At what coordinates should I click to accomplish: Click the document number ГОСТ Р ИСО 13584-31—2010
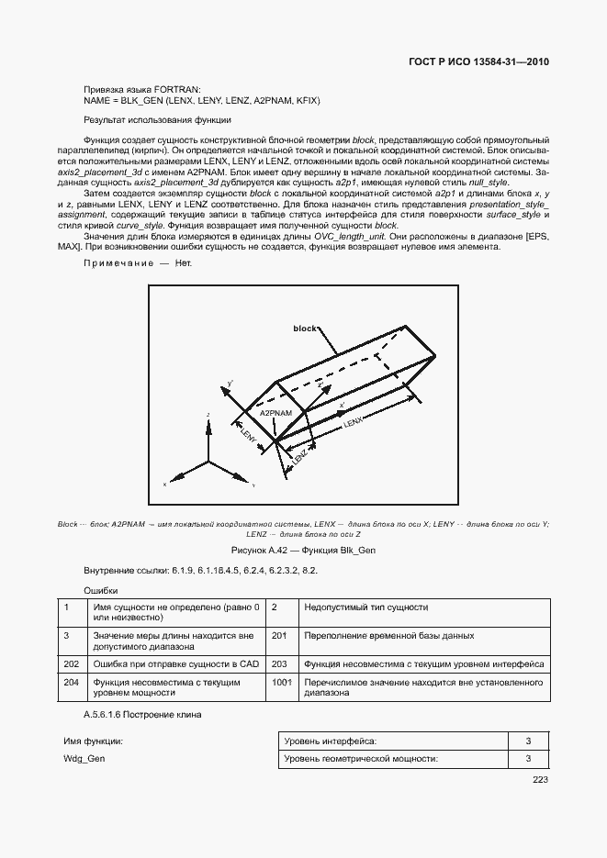coord(478,63)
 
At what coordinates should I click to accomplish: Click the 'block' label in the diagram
coord(304,328)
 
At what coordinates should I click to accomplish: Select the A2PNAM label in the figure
coord(276,414)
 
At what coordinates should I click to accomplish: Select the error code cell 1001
coord(281,683)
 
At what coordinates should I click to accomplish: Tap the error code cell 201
coord(279,635)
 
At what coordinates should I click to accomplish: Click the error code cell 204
coord(70,683)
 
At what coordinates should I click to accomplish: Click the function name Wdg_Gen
coord(84,760)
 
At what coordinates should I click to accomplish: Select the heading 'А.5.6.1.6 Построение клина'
coord(142,714)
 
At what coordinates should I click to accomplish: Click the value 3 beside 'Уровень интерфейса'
coord(528,741)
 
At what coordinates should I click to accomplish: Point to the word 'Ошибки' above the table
coord(100,590)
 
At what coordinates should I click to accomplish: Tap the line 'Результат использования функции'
coord(157,120)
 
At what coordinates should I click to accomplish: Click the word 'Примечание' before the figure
coord(115,263)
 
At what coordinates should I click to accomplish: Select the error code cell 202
coord(70,663)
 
